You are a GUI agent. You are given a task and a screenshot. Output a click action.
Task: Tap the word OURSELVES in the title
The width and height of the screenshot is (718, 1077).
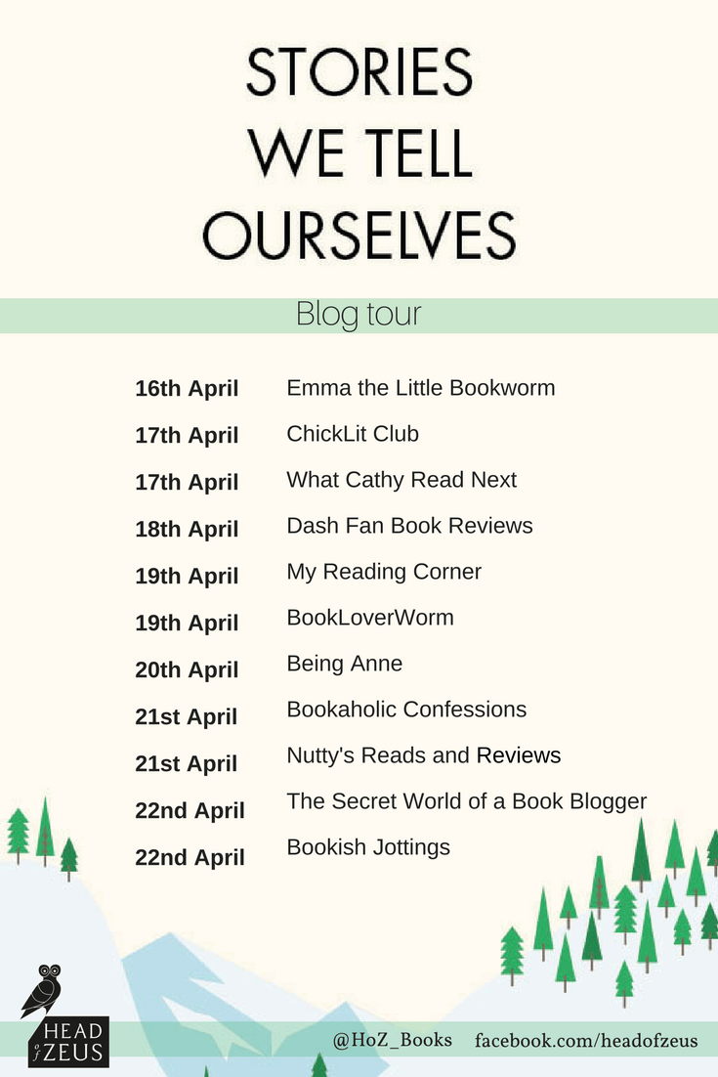coord(359,235)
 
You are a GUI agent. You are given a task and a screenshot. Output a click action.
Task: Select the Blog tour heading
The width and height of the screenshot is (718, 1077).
coord(359,316)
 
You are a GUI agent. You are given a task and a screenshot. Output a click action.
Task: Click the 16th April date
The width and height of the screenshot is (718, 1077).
coord(187,388)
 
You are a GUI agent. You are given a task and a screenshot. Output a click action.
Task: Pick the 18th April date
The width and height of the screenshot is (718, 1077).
coord(187,529)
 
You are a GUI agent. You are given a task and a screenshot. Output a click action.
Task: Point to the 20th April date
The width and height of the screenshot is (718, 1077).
coord(187,669)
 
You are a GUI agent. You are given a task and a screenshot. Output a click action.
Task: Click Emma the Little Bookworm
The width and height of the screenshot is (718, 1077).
coord(420,388)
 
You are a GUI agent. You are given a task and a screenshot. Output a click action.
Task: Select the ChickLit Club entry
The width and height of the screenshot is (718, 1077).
coord(353,434)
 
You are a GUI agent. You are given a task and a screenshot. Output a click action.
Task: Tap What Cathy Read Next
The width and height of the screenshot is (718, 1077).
coord(401,480)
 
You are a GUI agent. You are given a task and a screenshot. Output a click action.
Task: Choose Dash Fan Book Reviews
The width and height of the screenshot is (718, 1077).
coord(409,526)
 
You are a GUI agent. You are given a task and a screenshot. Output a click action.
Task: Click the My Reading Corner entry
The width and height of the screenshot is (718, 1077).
coord(384,572)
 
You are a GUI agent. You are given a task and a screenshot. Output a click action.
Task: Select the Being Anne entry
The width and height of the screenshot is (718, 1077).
coord(344,664)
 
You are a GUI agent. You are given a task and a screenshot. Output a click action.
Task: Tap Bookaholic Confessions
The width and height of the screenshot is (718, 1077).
coord(406,710)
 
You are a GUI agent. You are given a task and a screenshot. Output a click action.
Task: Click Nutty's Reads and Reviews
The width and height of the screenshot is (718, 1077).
coord(424,755)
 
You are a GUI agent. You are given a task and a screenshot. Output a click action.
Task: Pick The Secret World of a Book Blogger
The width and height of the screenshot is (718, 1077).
coord(466,801)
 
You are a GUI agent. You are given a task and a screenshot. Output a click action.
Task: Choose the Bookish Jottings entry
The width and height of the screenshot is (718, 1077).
coord(368,847)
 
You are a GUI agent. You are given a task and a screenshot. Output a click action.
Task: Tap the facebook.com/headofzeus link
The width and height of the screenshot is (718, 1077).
coord(586,1041)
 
